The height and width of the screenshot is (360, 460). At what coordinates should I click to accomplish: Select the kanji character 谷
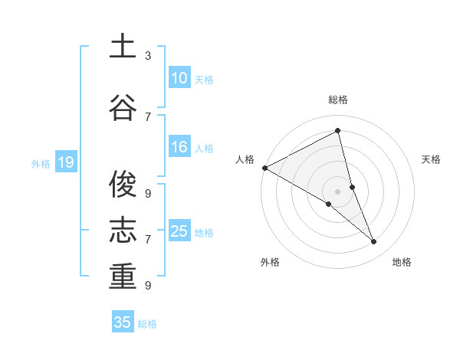(x=123, y=108)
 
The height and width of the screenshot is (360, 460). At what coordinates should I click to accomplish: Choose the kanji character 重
(x=123, y=277)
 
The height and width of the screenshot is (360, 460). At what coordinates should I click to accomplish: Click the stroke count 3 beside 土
(x=148, y=56)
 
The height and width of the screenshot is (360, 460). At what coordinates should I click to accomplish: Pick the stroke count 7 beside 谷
(x=148, y=116)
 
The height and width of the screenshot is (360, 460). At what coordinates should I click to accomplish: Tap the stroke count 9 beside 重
(x=148, y=285)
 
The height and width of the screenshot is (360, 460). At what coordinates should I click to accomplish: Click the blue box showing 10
(x=179, y=78)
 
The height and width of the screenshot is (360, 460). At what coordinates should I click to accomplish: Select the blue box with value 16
(x=179, y=147)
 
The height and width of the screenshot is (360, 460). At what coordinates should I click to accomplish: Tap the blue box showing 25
(x=179, y=231)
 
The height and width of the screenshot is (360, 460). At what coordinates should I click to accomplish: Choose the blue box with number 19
(x=65, y=162)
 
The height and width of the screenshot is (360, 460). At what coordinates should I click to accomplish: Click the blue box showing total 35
(x=123, y=322)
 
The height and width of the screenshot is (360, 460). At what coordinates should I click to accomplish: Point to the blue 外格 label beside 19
(x=41, y=163)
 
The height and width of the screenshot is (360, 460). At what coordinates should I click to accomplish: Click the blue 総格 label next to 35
(x=147, y=324)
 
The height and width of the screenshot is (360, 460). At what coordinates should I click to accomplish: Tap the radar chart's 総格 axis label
(x=338, y=100)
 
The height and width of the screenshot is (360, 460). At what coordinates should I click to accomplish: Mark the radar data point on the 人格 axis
(x=264, y=168)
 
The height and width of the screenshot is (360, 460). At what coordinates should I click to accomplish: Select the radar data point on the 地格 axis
(x=374, y=242)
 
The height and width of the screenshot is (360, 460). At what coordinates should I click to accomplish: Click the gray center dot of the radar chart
(x=338, y=191)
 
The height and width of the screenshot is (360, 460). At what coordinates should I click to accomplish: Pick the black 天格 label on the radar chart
(x=432, y=159)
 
